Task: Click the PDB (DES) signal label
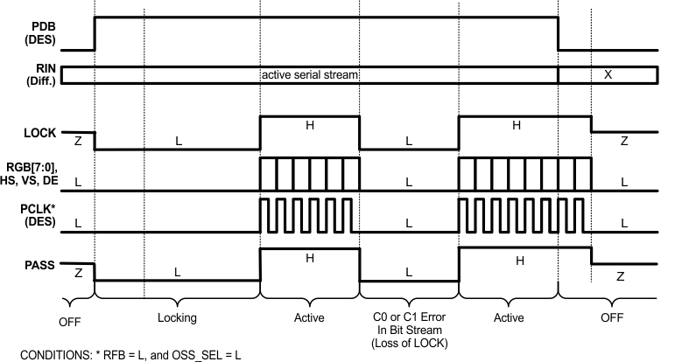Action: click(x=40, y=33)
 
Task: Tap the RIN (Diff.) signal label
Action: click(x=41, y=74)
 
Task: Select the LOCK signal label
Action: click(x=39, y=133)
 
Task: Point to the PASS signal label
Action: click(x=39, y=265)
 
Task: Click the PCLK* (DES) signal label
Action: click(x=39, y=215)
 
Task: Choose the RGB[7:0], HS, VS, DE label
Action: click(x=29, y=174)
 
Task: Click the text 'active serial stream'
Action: click(x=310, y=75)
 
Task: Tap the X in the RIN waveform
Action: click(x=608, y=75)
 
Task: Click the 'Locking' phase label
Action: click(x=177, y=317)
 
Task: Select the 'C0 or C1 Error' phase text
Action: click(x=409, y=317)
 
